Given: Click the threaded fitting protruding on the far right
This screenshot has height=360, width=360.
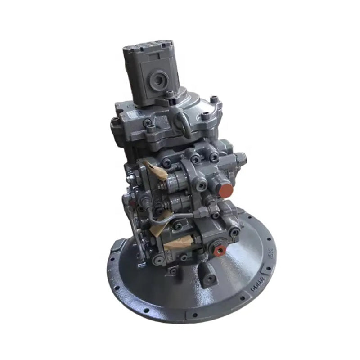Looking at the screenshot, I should (242, 158).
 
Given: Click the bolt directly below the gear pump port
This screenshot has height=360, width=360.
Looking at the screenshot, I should (170, 95).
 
